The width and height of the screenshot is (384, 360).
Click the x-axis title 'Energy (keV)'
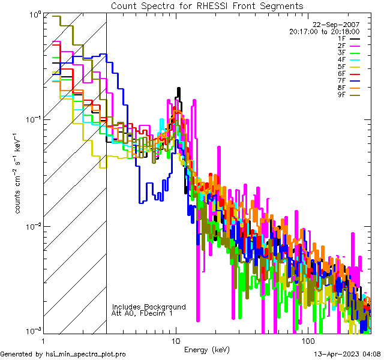point(207,350)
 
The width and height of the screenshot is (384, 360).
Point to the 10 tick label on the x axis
point(176,341)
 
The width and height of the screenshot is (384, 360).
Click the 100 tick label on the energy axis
point(308,341)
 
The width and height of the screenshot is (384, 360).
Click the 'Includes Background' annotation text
point(149,307)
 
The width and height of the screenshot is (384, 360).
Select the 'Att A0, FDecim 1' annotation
point(142,313)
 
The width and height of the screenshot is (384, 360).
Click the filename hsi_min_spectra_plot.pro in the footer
point(86,355)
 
